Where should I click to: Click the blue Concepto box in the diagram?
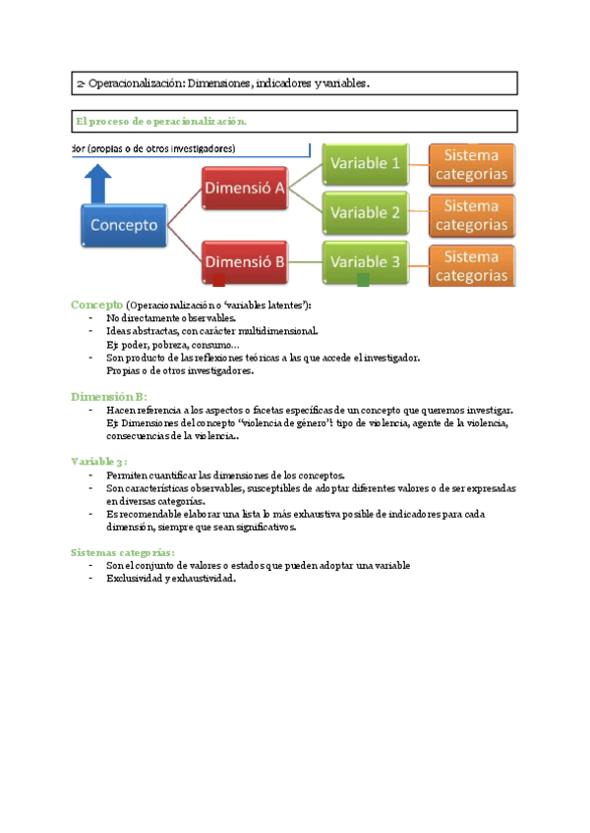[124, 225]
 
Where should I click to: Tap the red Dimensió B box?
[246, 261]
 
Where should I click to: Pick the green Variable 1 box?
[366, 163]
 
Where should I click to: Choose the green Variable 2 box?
[366, 212]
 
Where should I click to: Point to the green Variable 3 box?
[366, 261]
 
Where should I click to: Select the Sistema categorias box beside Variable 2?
[471, 215]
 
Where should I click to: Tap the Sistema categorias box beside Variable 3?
[471, 265]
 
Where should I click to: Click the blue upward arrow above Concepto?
[98, 185]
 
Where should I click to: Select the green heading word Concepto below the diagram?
[96, 305]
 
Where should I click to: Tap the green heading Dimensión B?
[108, 396]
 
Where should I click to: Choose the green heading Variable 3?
[98, 460]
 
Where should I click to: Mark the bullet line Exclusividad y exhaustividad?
[172, 579]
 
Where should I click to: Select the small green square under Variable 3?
[363, 281]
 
